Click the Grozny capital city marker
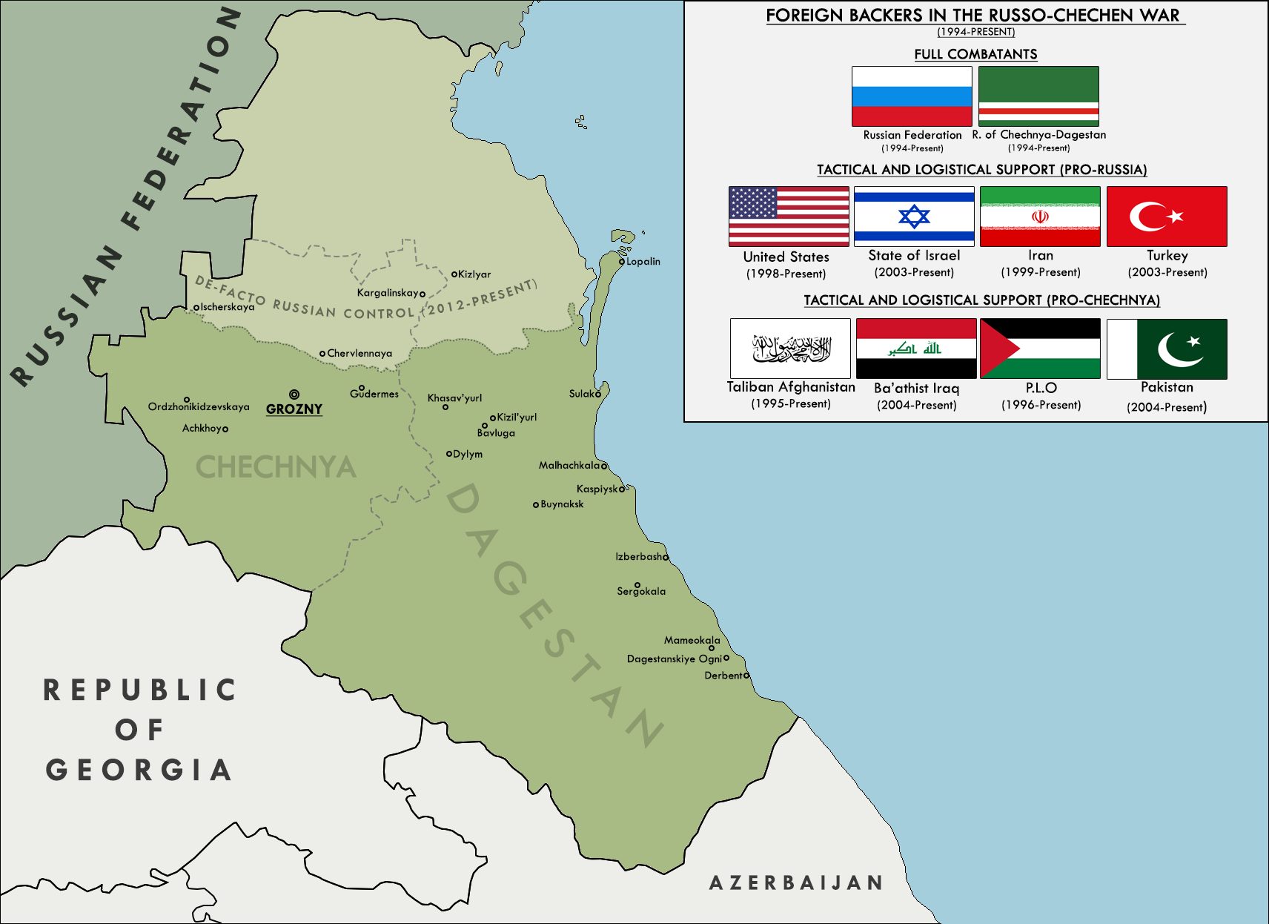(294, 395)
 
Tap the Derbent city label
(723, 676)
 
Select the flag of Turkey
(1167, 217)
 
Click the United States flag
(789, 217)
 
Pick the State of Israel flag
(914, 217)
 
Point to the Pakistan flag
(1167, 349)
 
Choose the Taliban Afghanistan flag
(790, 349)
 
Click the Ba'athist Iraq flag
(916, 349)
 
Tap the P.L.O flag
(1040, 349)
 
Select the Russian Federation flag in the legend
(912, 96)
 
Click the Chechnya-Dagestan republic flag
(1038, 96)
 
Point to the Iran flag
(1040, 217)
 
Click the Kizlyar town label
(474, 274)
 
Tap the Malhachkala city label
(569, 466)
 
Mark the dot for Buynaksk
(536, 505)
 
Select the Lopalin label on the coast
(643, 262)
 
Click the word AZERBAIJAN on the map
(795, 882)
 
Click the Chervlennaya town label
(360, 354)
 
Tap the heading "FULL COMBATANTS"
(975, 54)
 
